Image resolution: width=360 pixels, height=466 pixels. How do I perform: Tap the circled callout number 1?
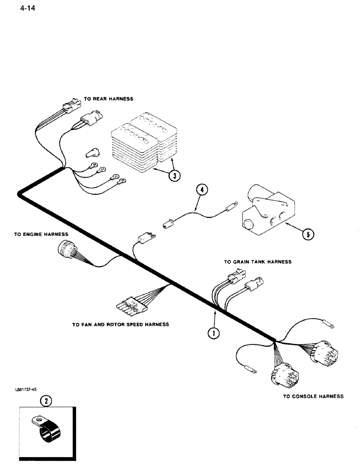click(213, 333)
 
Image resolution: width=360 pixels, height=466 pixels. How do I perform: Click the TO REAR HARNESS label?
click(108, 99)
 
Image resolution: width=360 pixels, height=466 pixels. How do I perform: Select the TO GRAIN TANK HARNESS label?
click(257, 262)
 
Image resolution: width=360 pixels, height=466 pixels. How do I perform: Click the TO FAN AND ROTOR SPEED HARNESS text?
click(120, 325)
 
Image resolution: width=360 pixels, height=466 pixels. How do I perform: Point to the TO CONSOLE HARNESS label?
click(313, 397)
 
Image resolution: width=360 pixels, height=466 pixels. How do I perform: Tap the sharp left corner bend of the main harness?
click(20, 194)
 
